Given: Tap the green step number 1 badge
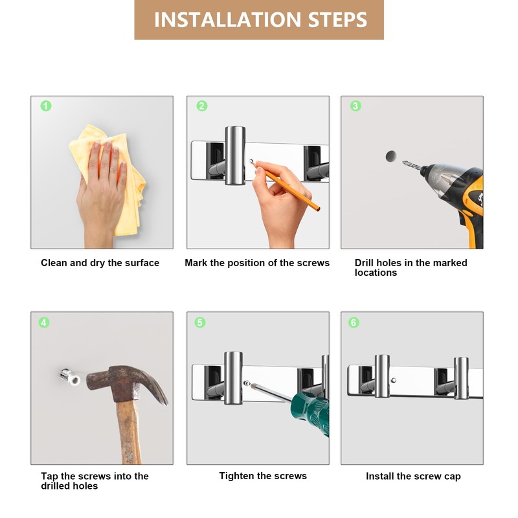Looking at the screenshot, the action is pyautogui.click(x=46, y=106).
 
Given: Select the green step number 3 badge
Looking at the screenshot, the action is pyautogui.click(x=355, y=106).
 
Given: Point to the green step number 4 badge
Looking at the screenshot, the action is pyautogui.click(x=44, y=322).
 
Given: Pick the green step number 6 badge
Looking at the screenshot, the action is pyautogui.click(x=354, y=322).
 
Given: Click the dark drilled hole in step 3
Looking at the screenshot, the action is pyautogui.click(x=391, y=156).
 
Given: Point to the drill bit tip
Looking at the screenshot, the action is pyautogui.click(x=403, y=163).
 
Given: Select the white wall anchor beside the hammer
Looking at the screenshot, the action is pyautogui.click(x=71, y=377).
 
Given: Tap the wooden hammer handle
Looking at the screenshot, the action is pyautogui.click(x=129, y=433).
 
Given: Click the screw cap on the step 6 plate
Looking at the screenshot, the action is pyautogui.click(x=394, y=380).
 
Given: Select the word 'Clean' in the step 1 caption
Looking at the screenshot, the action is pyautogui.click(x=54, y=263).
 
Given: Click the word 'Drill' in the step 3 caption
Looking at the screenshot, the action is pyautogui.click(x=365, y=263).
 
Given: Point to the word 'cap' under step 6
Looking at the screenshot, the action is pyautogui.click(x=452, y=477).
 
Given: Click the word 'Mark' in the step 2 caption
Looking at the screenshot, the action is pyautogui.click(x=196, y=263).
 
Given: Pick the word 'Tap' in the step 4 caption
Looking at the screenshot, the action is pyautogui.click(x=49, y=477).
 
